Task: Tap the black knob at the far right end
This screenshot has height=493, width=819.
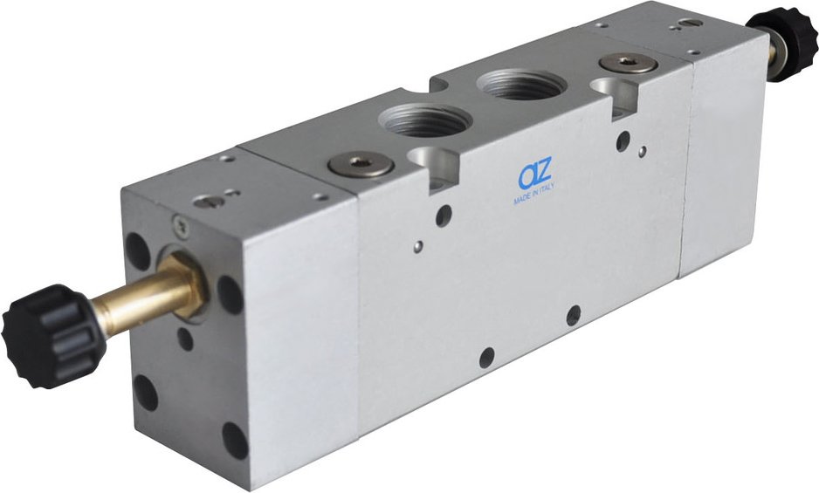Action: pyautogui.click(x=783, y=43)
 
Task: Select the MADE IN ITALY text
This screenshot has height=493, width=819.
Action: pyautogui.click(x=533, y=194)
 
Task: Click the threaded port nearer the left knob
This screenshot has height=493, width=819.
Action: pyautogui.click(x=424, y=120)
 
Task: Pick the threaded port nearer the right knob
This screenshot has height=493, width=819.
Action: pyautogui.click(x=521, y=85)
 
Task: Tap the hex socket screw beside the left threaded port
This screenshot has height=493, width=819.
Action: pyautogui.click(x=361, y=165)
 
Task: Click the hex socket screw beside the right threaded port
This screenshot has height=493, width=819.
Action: pyautogui.click(x=628, y=63)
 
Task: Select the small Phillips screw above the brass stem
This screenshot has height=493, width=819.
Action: pyautogui.click(x=181, y=226)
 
